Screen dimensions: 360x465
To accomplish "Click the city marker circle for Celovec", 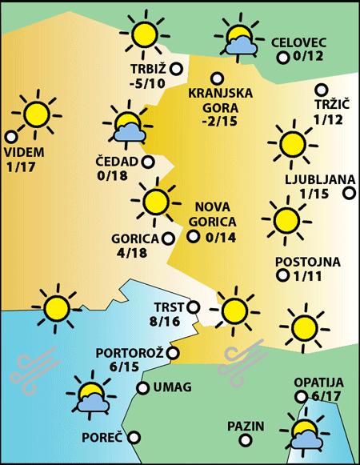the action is point(282,57).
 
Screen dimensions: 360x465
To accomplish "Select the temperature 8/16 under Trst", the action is point(166,321).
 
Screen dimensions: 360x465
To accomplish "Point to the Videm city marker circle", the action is point(10,137).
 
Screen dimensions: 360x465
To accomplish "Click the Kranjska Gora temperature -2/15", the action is point(220,121).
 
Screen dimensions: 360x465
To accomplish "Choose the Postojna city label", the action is point(308,262).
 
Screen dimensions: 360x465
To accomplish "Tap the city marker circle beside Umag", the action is point(143,388).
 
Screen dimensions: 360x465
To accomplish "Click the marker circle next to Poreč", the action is point(134,438).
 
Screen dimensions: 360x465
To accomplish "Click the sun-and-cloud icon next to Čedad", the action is point(126,125).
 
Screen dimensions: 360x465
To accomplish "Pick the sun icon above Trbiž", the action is point(145,34).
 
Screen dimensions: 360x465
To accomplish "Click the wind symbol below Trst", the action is point(244,358).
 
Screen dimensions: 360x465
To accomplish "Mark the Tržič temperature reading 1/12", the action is point(328,119).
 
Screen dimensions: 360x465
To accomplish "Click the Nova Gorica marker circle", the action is point(192,236).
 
